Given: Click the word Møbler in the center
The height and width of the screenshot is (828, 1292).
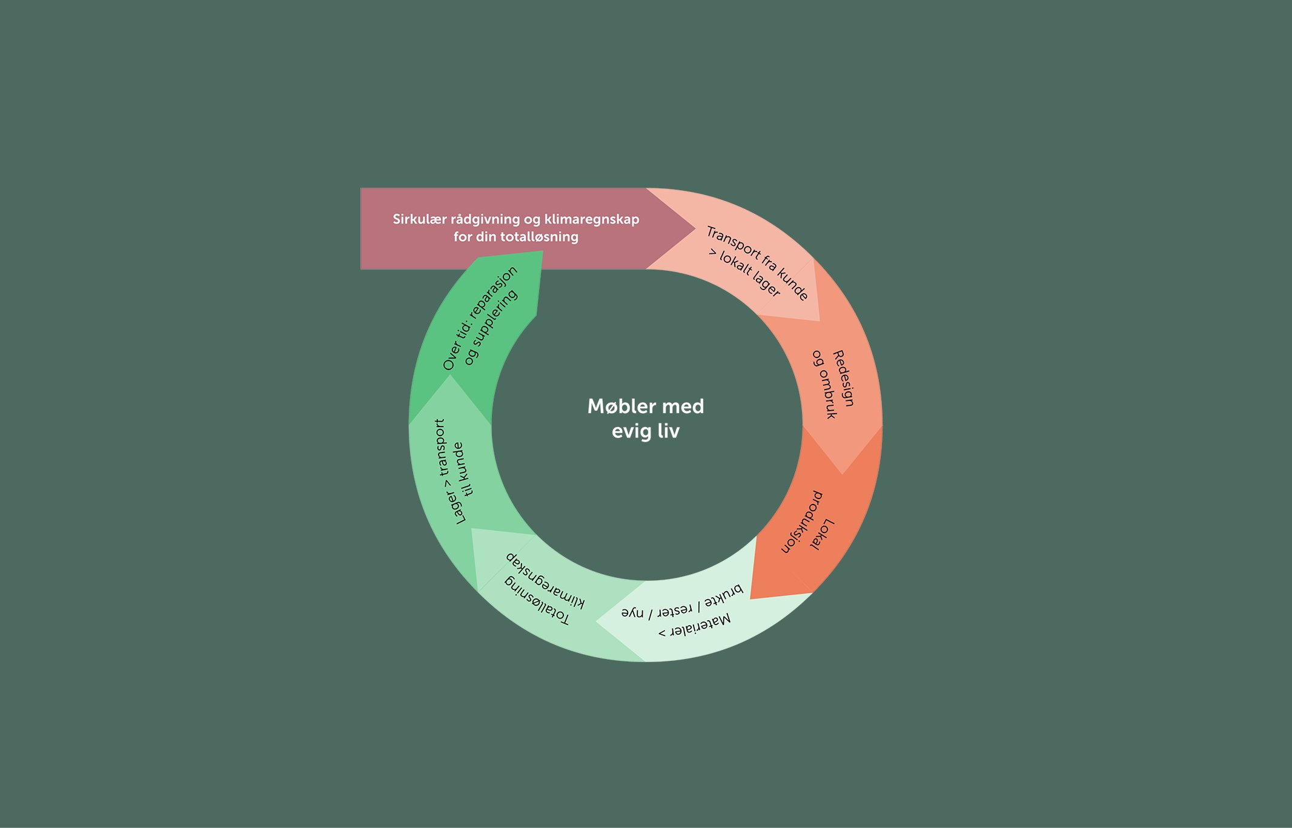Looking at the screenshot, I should [618, 406].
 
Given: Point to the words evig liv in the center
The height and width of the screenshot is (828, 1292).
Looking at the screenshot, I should [646, 431].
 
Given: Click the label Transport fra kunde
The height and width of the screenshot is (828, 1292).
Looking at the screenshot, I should [758, 262].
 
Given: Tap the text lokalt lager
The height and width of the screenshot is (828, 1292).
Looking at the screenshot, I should [749, 275].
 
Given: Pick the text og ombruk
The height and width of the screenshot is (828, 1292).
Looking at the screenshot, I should [824, 384].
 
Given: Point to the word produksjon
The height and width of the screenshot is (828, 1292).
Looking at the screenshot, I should [801, 522].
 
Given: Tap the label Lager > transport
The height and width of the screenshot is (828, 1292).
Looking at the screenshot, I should [448, 471].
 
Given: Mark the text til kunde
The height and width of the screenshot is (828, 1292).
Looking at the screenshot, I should [463, 469].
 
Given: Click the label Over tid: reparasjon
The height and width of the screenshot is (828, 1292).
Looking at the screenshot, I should [480, 317].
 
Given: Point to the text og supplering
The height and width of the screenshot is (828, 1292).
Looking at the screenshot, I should [491, 327].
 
